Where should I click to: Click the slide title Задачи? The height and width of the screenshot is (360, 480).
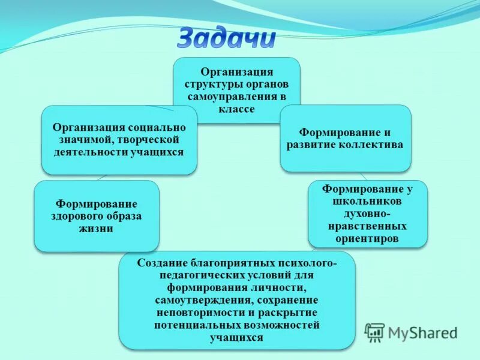(227, 38)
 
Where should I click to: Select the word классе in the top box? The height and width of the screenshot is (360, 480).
(237, 109)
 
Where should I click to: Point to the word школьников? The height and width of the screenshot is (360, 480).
(368, 202)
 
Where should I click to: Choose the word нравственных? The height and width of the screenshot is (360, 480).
(368, 226)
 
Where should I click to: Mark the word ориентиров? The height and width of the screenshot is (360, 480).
(368, 239)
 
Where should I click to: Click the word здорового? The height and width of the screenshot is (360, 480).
(77, 216)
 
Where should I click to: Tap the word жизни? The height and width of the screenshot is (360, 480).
(97, 229)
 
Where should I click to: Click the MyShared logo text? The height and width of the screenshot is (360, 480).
(422, 332)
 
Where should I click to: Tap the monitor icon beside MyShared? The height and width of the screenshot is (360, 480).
(375, 332)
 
